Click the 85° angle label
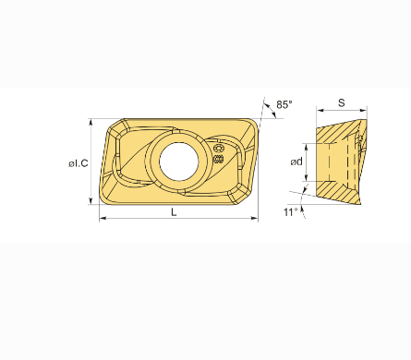tap(284, 104)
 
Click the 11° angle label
tap(291, 212)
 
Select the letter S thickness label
tap(342, 102)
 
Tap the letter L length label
tap(174, 211)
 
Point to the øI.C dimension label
tap(79, 163)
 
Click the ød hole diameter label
tap(296, 162)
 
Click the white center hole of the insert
tap(179, 162)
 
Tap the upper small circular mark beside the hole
tap(218, 148)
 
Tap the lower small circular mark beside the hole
tap(218, 159)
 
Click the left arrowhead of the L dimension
tap(103, 218)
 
